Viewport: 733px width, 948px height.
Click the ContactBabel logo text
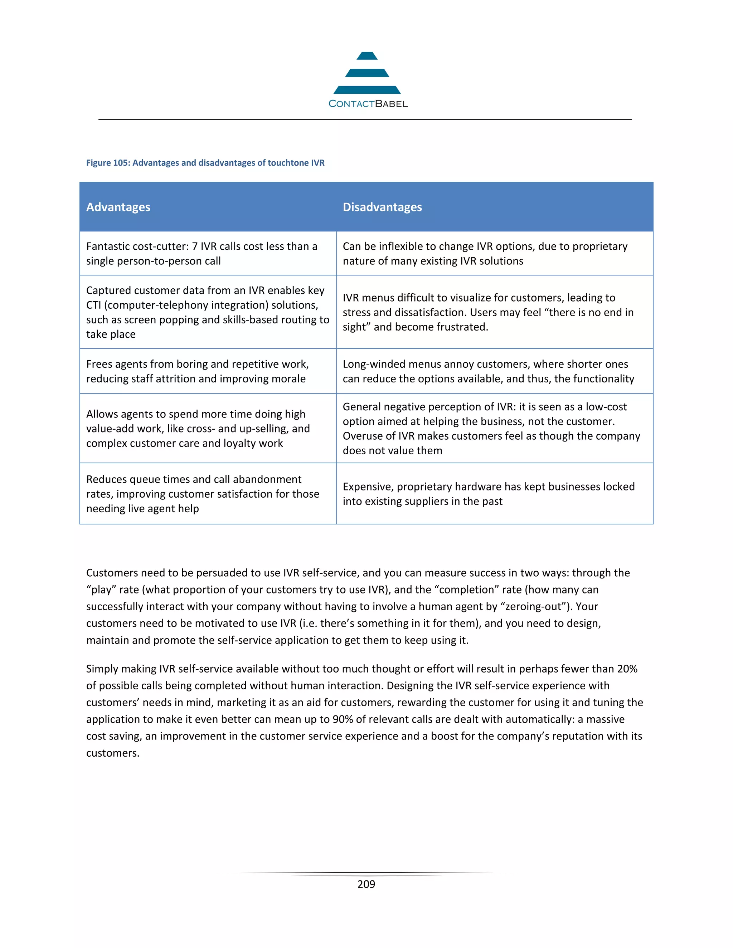point(368,104)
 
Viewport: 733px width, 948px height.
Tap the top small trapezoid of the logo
point(367,56)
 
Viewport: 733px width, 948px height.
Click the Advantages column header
point(118,207)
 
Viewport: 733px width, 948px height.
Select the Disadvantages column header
point(382,207)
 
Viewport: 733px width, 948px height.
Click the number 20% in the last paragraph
point(627,669)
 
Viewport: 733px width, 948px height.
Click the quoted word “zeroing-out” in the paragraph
point(535,606)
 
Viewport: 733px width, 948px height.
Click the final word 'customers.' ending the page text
point(112,753)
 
